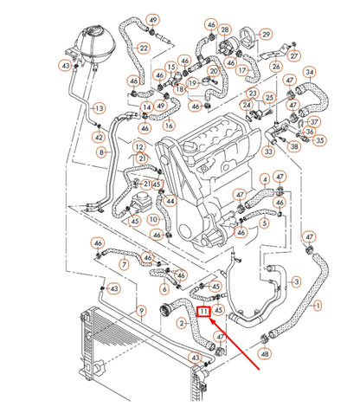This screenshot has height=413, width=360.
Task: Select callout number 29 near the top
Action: pyautogui.click(x=266, y=35)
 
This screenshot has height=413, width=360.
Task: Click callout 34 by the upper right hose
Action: pyautogui.click(x=310, y=72)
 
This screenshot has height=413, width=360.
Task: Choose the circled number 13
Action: pyautogui.click(x=99, y=108)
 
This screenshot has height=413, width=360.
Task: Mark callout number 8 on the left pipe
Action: pyautogui.click(x=102, y=152)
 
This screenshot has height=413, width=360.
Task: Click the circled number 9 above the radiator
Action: pyautogui.click(x=142, y=311)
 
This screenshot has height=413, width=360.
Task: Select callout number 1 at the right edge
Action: pyautogui.click(x=318, y=305)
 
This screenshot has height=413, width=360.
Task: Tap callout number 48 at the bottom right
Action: pyautogui.click(x=264, y=354)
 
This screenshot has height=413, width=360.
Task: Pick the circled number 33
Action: pyautogui.click(x=269, y=152)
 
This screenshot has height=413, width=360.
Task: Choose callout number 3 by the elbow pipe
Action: pyautogui.click(x=296, y=281)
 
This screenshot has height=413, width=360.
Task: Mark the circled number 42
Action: pyautogui.click(x=100, y=137)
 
